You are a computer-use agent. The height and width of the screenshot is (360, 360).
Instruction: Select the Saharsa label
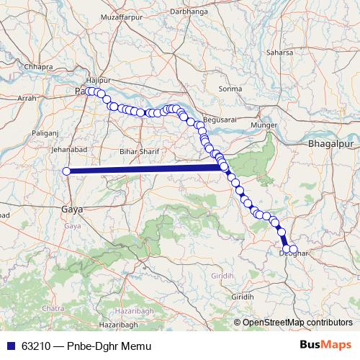click(x=280, y=53)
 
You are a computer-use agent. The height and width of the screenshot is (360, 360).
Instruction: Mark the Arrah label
click(x=25, y=96)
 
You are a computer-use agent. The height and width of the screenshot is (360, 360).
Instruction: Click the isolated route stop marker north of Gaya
click(x=66, y=171)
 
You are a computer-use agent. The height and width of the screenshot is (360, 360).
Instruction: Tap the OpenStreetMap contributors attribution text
click(x=296, y=322)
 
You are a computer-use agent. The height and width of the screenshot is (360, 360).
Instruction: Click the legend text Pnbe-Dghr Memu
click(x=110, y=346)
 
